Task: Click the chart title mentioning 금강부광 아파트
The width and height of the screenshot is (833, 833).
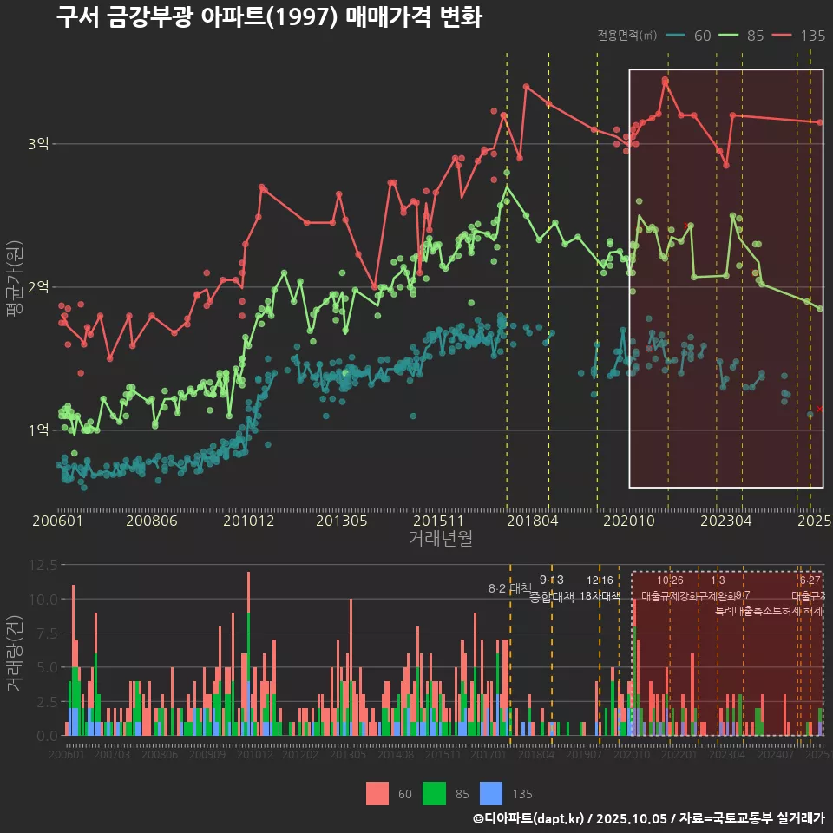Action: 269,17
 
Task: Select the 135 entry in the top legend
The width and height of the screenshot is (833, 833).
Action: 799,36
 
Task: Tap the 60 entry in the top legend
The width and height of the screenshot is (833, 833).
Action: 690,36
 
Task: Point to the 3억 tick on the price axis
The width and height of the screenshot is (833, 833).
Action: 38,144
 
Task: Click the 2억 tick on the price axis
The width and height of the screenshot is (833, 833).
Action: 38,287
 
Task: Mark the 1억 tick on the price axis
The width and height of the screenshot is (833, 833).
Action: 38,430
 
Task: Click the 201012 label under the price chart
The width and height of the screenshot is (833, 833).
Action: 248,521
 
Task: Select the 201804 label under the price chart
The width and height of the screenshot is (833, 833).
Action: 531,521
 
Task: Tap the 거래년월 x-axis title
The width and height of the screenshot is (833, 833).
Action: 440,539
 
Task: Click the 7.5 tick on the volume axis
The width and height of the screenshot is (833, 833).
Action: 46,633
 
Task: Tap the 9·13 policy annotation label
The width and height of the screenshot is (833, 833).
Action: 551,580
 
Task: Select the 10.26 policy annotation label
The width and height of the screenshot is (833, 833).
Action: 670,580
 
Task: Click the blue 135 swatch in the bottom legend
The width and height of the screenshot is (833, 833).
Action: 491,793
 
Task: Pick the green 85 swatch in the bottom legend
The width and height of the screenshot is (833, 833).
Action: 434,793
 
